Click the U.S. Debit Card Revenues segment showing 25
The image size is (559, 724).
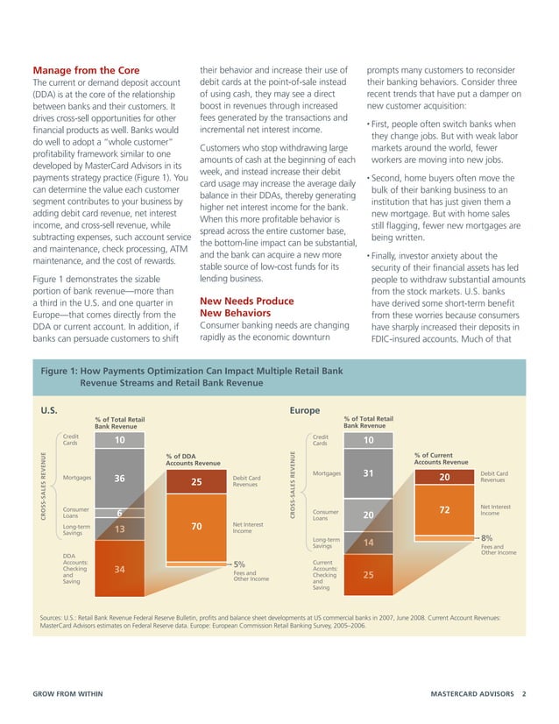coord(195,481)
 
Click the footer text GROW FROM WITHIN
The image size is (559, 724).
coord(67,692)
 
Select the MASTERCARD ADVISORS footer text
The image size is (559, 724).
coord(474,692)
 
